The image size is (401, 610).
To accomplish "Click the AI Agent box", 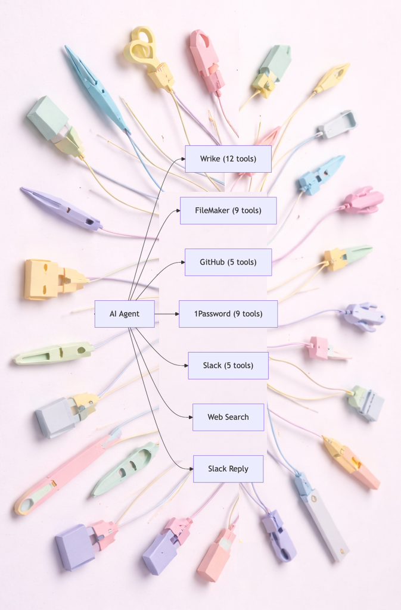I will point(125,314).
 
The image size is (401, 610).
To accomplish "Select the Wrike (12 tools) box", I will point(228,159).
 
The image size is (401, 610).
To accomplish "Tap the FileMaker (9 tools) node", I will point(228,210).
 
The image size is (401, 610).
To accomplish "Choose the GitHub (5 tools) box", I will point(228,262).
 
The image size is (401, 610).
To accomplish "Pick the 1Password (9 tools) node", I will point(228,314).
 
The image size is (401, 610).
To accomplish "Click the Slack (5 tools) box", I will point(228,365).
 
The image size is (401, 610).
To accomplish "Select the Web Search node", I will point(228,417).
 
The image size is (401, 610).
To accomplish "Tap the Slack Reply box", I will point(228,469).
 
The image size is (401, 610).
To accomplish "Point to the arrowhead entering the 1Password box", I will point(176,314).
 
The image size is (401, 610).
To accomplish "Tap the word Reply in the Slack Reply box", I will point(238,469).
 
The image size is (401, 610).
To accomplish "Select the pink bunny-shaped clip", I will point(363,201).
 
